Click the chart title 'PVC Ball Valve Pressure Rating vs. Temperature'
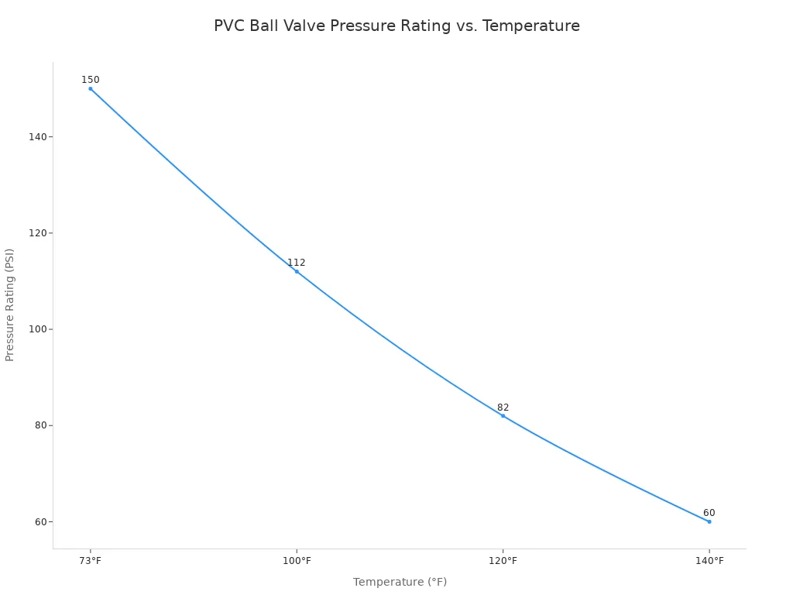pos(396,26)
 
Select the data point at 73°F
pos(91,88)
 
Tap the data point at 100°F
pos(297,271)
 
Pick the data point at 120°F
pos(503,416)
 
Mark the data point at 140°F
pos(709,521)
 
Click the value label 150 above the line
pos(91,80)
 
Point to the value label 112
pos(297,263)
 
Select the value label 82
pos(503,408)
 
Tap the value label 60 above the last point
pos(709,513)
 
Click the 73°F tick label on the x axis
pos(91,561)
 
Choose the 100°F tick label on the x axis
pos(297,561)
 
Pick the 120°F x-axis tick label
pos(503,561)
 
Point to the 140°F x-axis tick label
pos(709,561)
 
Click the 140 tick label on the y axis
pos(37,137)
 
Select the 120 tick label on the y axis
pos(37,233)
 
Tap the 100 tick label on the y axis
pos(37,329)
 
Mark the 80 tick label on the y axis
pos(39,425)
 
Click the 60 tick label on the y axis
pos(39,521)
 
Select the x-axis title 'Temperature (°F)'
pos(400,582)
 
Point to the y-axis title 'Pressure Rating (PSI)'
pos(10,304)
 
